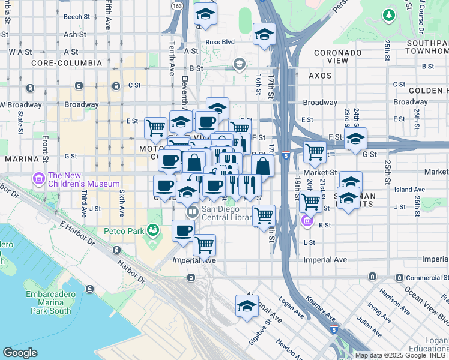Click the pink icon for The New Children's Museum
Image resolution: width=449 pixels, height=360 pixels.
pos(40,178)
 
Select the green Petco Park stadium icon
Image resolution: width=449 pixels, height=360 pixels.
pos(154,230)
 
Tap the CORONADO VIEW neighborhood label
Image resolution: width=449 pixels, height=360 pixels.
pos(338,57)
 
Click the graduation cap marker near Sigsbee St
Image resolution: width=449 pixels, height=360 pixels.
pos(247,306)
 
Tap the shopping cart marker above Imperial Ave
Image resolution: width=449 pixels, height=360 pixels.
pos(204,245)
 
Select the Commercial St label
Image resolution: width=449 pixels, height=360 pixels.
pos(426,277)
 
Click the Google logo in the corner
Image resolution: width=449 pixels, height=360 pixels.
pos(20,353)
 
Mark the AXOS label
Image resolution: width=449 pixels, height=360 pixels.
pos(320,76)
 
